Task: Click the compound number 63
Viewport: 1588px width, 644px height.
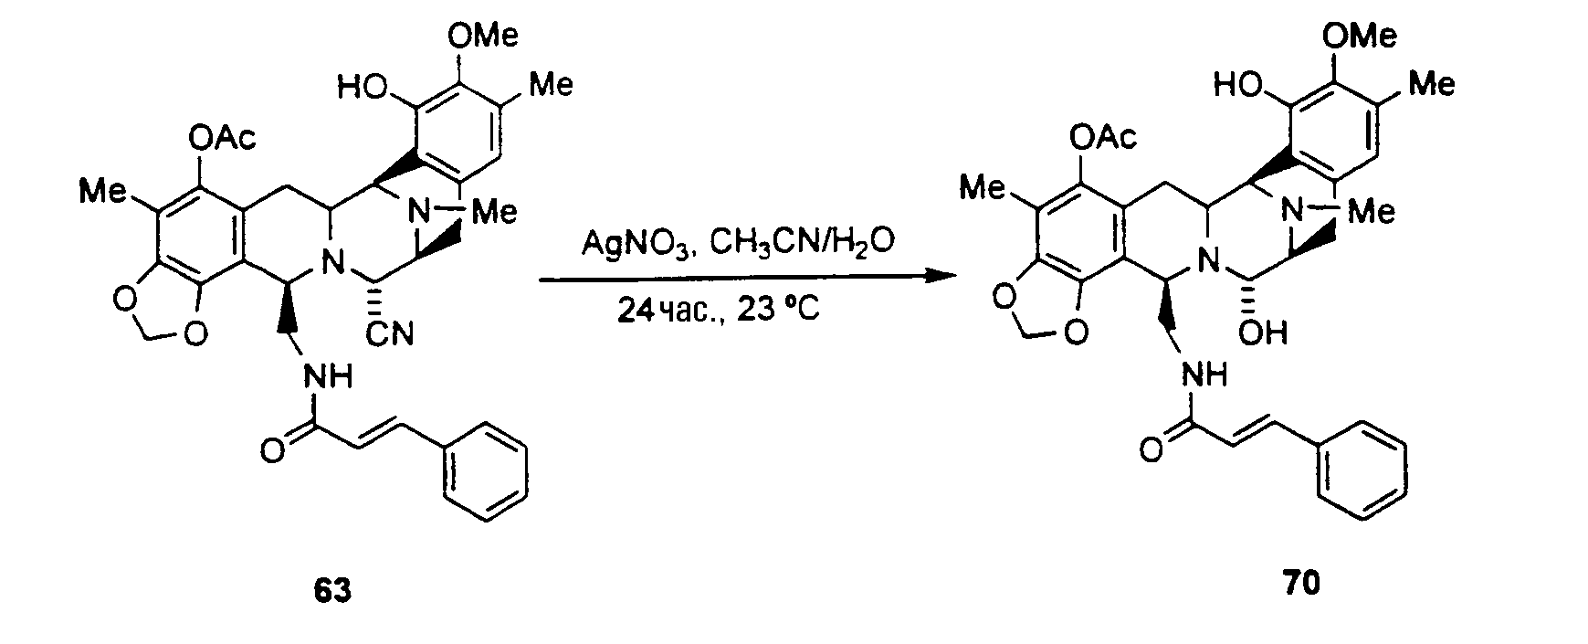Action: click(x=331, y=592)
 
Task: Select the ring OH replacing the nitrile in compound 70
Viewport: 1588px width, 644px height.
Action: click(x=1265, y=333)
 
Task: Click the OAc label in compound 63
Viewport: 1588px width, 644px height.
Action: click(x=222, y=140)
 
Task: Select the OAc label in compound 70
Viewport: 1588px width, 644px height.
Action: click(x=1101, y=137)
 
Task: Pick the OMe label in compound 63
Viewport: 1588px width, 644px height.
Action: click(x=483, y=37)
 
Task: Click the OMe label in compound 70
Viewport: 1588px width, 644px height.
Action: click(x=1360, y=36)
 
